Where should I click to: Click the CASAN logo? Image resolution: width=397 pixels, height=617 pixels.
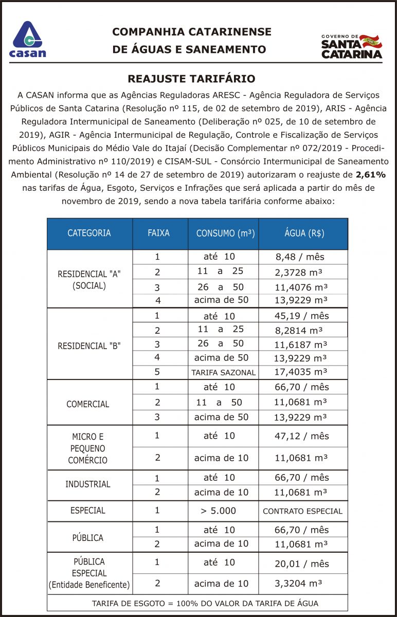28,39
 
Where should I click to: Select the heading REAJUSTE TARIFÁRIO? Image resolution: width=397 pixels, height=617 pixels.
191,79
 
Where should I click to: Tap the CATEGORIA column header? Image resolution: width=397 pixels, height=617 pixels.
89,233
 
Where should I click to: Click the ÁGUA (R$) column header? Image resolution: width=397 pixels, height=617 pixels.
304,233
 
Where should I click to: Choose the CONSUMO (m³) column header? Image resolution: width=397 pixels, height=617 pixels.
225,233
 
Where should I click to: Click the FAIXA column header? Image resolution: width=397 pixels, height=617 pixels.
158,232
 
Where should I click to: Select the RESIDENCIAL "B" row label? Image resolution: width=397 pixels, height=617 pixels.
89,346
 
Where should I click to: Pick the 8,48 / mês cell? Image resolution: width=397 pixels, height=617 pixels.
299,257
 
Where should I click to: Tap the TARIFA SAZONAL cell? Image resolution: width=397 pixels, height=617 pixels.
223,372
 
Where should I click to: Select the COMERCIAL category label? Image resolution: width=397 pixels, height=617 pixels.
88,404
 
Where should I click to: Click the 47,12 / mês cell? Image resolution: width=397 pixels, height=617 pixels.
301,436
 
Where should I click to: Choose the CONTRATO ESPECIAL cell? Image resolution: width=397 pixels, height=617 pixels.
302,511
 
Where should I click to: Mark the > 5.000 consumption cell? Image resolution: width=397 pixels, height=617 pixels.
219,511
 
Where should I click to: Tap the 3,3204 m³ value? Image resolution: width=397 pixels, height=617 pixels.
298,583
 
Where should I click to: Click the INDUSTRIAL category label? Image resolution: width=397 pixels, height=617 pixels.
88,484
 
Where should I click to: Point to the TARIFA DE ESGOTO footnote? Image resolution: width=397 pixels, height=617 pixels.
198,603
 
